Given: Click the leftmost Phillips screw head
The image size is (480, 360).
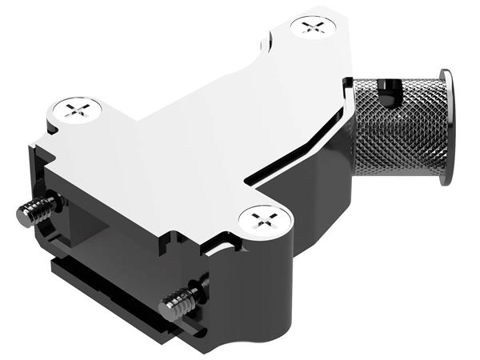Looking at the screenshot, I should point(78,110).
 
